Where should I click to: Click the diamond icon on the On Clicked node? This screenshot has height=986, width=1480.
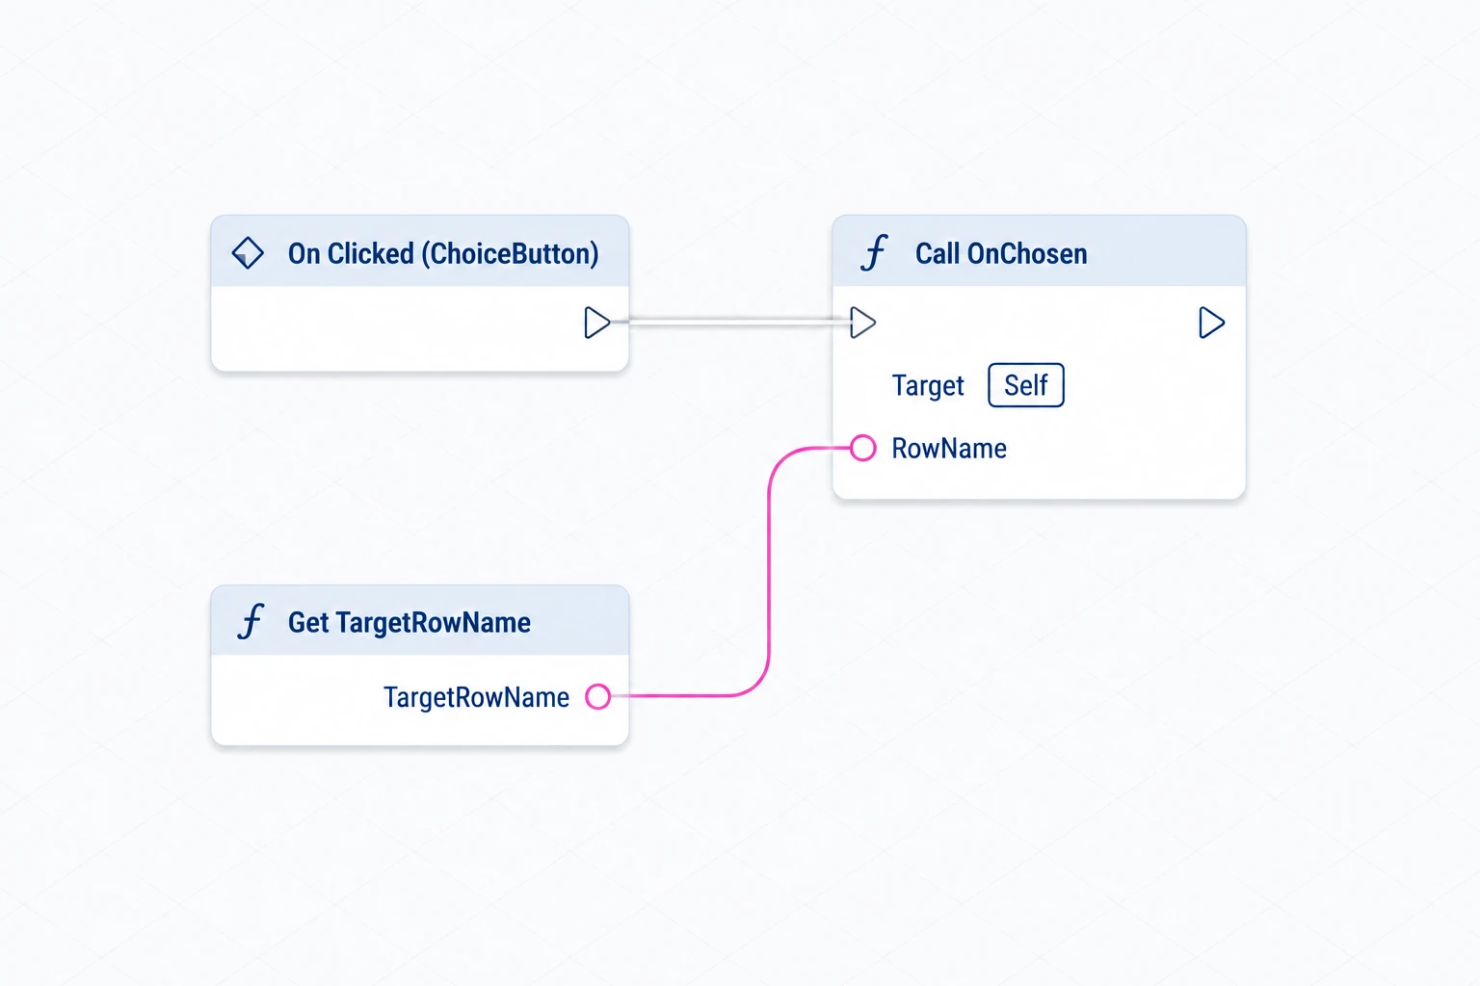248,253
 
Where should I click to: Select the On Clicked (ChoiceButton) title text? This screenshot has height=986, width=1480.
443,253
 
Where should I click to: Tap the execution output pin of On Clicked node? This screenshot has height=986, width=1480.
597,323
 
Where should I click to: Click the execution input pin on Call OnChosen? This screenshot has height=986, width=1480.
863,323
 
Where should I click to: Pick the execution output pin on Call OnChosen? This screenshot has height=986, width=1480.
1212,323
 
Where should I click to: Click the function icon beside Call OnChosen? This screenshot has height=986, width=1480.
874,253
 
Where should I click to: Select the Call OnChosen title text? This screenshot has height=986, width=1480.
1001,253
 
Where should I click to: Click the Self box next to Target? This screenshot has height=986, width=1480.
1026,385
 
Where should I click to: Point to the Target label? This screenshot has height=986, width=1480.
928,386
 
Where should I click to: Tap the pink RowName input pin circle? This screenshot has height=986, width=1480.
863,448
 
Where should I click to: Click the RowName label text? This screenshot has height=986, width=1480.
949,449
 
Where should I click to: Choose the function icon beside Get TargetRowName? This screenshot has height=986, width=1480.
251,621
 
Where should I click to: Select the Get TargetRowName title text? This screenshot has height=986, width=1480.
409,622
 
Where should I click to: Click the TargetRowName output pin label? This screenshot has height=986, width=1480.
476,697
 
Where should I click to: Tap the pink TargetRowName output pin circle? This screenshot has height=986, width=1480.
598,696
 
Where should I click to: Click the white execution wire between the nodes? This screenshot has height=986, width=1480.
730,322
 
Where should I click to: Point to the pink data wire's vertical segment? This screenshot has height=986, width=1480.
768,571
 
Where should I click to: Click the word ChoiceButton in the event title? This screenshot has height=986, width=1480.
510,253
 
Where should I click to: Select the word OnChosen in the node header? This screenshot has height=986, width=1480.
1027,253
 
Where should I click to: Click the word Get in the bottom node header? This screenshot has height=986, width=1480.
308,622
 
